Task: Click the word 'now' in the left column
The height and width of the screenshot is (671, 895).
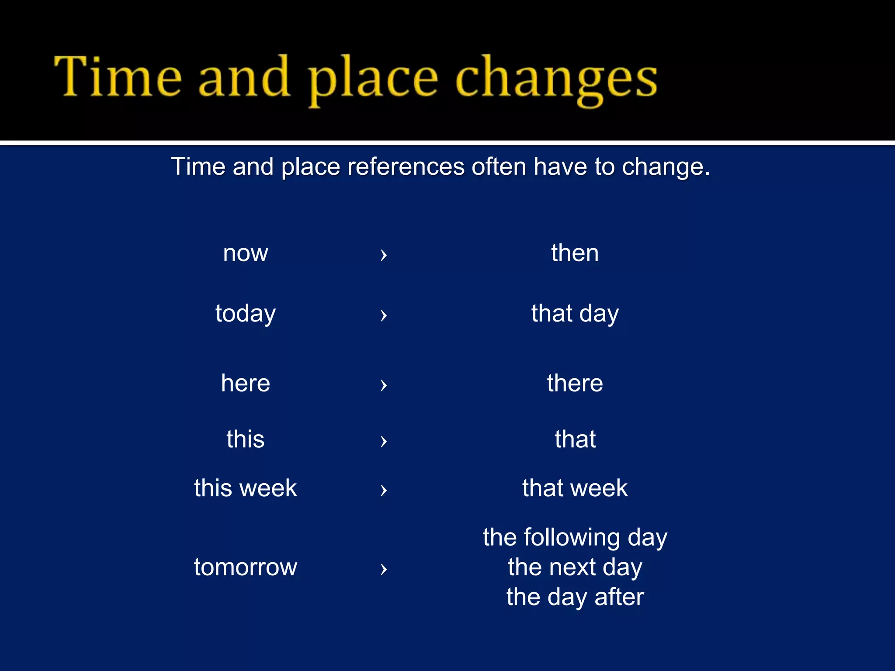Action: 245,253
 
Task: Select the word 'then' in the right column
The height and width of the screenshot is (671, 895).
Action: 575,253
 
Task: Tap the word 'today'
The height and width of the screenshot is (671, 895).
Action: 245,314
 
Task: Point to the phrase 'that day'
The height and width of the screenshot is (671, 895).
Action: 575,314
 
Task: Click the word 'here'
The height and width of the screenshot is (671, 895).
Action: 245,383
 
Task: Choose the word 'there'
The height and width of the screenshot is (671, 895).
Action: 575,383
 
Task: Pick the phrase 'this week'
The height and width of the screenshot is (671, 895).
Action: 245,488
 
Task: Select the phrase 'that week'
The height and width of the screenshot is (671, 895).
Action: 575,488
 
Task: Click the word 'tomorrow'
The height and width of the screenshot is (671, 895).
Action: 245,567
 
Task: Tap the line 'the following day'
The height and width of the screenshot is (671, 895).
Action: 575,537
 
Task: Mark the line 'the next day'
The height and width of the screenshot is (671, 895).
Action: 575,567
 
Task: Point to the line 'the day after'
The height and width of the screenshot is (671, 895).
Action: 575,597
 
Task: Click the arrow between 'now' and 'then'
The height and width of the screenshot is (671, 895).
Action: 383,254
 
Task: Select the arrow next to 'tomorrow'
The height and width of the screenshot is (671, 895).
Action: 383,568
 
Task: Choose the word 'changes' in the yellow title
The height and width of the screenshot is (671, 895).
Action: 556,79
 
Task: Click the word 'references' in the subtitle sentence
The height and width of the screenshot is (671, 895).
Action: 406,166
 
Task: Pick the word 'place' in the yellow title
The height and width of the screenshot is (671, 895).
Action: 373,79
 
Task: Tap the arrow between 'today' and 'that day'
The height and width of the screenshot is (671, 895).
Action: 383,315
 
